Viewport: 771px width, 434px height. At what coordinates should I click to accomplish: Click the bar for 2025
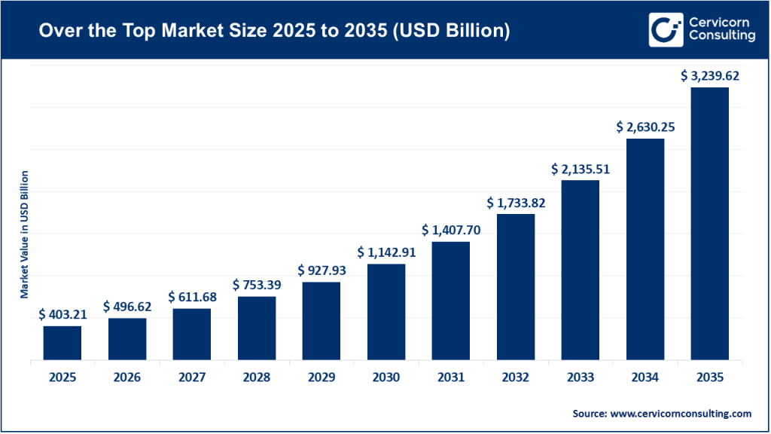[x=62, y=343]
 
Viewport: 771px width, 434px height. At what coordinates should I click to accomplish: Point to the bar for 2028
[x=257, y=329]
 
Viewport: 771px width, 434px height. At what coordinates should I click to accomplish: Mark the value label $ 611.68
[x=192, y=297]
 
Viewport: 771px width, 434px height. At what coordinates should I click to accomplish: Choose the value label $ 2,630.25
[x=645, y=127]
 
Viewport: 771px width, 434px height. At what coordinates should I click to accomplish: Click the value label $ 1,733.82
[x=516, y=203]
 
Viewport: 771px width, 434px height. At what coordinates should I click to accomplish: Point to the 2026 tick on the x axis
[x=127, y=377]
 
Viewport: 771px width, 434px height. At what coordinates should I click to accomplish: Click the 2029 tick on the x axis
[x=322, y=377]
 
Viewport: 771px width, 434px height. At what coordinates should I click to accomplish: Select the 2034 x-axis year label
[x=645, y=377]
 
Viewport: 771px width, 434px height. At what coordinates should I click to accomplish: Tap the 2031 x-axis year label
[x=451, y=377]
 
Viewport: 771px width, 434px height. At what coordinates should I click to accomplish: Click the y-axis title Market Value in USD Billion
[x=24, y=234]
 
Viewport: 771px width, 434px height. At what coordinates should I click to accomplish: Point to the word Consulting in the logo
[x=723, y=35]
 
